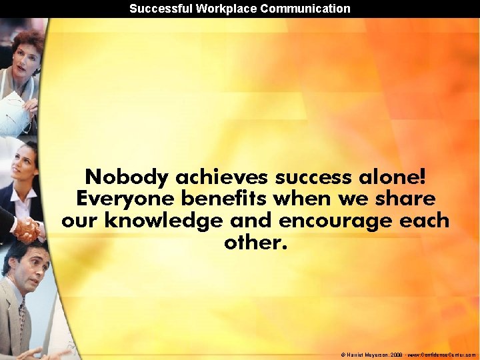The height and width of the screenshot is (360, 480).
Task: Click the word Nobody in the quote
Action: (127, 177)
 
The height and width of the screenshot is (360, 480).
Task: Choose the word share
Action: (407, 199)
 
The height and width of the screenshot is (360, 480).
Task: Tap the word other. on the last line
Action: (256, 242)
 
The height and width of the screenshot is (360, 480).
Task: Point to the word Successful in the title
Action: (157, 9)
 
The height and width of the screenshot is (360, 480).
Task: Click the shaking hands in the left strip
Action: (26, 229)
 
